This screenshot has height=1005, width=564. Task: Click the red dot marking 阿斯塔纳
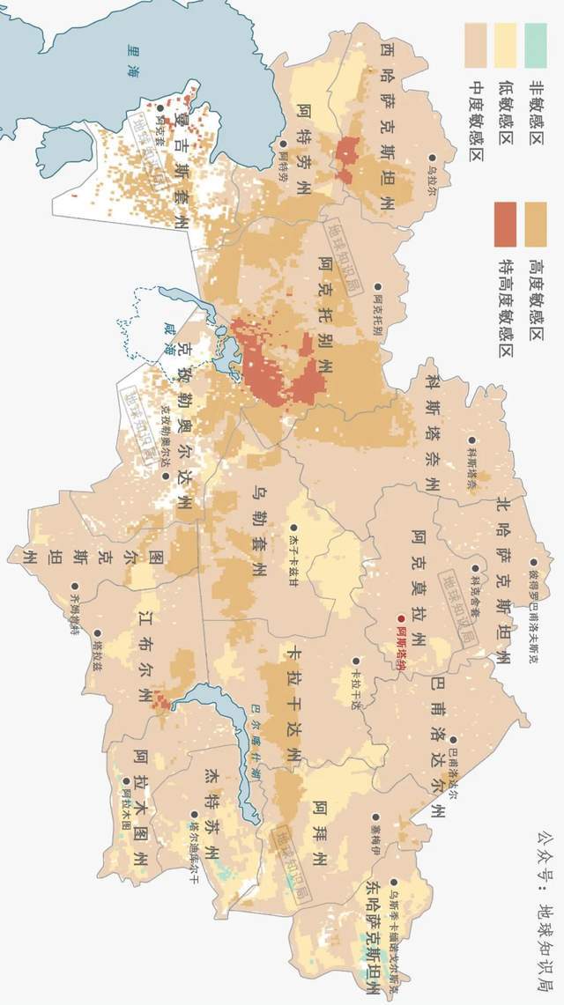(402, 619)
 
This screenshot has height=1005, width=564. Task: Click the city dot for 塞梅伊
(375, 817)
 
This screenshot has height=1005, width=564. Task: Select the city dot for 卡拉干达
(356, 660)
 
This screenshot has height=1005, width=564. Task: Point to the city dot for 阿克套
(160, 108)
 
